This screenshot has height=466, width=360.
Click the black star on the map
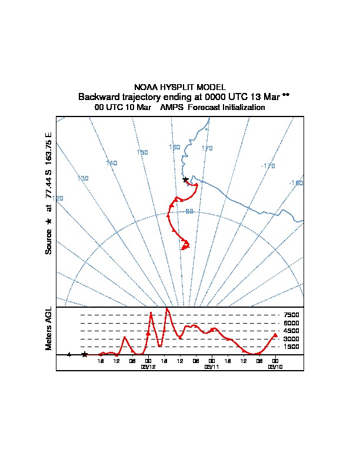[x=185, y=179]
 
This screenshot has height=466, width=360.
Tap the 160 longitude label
[x=174, y=147]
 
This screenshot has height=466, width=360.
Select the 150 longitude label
[x=142, y=152]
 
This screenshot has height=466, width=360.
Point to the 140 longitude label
[x=112, y=163]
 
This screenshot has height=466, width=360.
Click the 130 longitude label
[x=82, y=178]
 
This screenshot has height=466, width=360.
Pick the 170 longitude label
[x=206, y=148]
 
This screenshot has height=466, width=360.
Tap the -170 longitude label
[x=268, y=166]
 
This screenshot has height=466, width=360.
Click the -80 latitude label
[x=188, y=211]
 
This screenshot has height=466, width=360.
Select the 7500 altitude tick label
[x=291, y=315]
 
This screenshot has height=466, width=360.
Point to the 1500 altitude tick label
[x=291, y=347]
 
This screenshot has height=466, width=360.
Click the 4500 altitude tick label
[x=291, y=331]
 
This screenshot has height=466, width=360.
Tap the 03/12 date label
[x=148, y=367]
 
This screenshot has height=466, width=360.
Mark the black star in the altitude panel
[x=85, y=354]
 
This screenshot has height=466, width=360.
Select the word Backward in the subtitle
[x=98, y=96]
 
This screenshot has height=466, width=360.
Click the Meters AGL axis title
[x=49, y=328]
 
